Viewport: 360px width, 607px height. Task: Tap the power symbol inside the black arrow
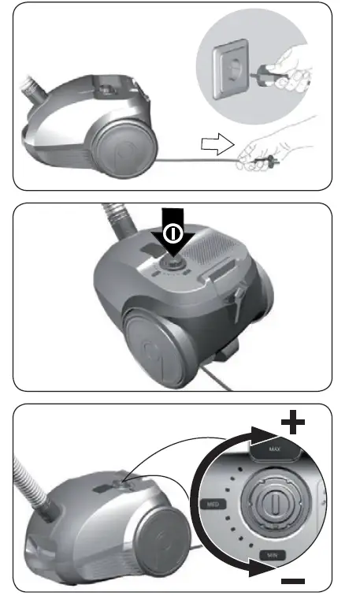coord(173,233)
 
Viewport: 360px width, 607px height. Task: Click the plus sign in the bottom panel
coord(294,423)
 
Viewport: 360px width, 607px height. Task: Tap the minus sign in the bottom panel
coord(294,580)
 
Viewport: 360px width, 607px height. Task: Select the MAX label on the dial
coord(274,449)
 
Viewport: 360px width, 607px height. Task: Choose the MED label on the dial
coord(212,503)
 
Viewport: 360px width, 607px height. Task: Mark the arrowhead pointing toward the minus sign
coord(262,568)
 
